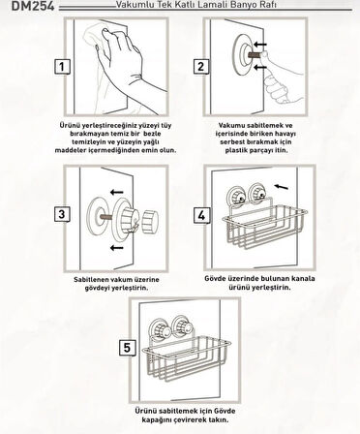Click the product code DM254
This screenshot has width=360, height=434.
[33, 6]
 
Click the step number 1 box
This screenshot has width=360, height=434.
[62, 67]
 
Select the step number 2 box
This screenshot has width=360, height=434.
[200, 67]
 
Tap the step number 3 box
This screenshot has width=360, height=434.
[62, 214]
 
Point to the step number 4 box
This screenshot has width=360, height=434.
[201, 215]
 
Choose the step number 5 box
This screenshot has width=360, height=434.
[127, 348]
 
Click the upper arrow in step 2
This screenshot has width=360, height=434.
[260, 45]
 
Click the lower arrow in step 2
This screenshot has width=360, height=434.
[260, 67]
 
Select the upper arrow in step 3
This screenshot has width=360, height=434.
[117, 192]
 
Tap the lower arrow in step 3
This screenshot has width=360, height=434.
[117, 248]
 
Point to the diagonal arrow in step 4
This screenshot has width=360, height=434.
[281, 187]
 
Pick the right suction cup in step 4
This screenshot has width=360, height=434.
[258, 193]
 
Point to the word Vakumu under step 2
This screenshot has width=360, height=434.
[231, 125]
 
